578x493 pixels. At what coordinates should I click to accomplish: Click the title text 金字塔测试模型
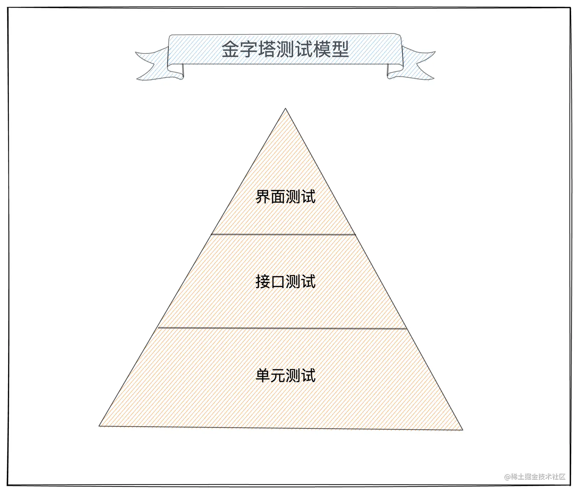click(x=285, y=50)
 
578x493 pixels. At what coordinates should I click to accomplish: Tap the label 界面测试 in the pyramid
click(x=285, y=197)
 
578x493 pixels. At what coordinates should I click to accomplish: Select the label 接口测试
click(x=285, y=282)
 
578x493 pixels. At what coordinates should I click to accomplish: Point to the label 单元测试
click(x=285, y=375)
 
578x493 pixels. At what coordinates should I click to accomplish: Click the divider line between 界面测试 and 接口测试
click(x=283, y=234)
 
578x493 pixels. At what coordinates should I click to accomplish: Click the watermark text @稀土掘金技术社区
click(x=534, y=477)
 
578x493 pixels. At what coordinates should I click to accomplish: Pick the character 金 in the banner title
click(x=231, y=50)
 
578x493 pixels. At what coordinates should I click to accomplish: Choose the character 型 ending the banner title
click(x=340, y=50)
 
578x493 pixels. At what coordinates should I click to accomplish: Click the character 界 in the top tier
click(x=263, y=197)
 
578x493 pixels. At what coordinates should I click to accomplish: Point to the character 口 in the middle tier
click(x=278, y=282)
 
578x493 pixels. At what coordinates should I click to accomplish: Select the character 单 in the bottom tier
click(x=263, y=375)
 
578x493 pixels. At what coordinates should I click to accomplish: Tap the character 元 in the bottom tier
click(x=278, y=375)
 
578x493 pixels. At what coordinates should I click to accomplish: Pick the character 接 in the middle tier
click(x=263, y=282)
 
